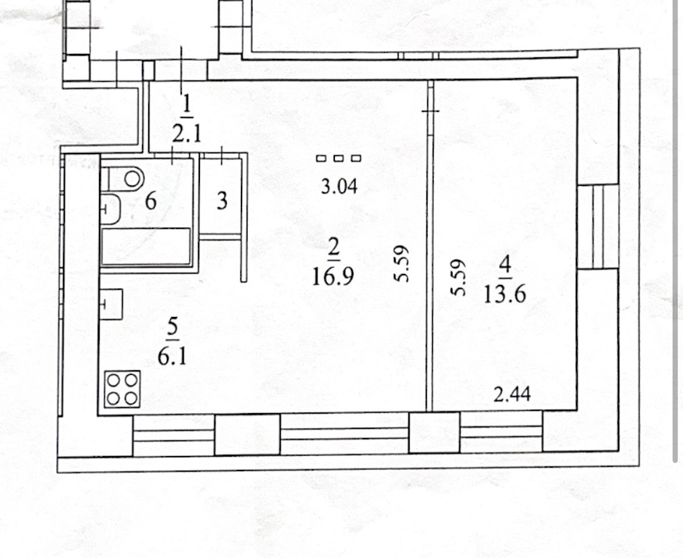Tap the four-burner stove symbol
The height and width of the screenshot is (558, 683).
point(122,389)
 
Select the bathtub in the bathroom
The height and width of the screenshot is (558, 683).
point(146,246)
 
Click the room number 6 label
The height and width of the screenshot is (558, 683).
point(151,201)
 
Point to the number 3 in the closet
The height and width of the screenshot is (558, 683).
point(222,201)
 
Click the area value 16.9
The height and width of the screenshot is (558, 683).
point(333,276)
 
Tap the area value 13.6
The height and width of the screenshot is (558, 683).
point(505,294)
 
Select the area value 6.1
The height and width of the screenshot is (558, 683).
point(172,357)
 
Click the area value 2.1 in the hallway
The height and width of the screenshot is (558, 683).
point(187,134)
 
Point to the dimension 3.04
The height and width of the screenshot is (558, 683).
point(339,187)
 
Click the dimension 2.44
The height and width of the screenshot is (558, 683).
point(512,395)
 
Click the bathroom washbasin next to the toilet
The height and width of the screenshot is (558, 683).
point(111,210)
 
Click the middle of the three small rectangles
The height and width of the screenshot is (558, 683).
point(339,158)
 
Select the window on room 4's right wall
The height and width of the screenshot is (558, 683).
point(598,227)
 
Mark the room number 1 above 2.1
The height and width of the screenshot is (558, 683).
point(187,105)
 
